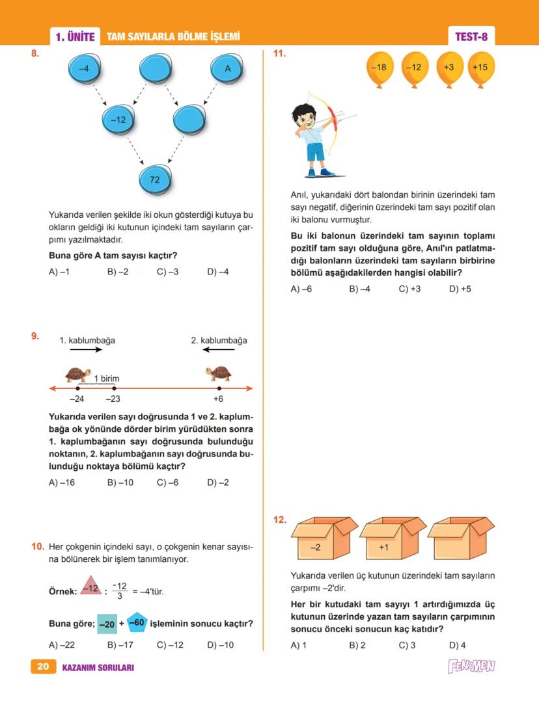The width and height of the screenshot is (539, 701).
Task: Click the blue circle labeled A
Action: pos(227,68)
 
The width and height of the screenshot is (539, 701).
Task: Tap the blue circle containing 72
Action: pos(156,179)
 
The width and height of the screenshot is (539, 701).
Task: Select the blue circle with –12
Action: pos(119,120)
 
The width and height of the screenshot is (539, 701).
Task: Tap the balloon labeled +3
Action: pos(449,68)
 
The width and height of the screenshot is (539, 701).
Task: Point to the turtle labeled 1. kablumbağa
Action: pos(79,374)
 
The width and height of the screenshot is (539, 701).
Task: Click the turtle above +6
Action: pos(219,374)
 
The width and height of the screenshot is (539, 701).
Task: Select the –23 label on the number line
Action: pos(113,399)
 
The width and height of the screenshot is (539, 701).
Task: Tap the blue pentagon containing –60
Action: pos(137,622)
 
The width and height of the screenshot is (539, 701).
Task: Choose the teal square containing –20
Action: pos(107,624)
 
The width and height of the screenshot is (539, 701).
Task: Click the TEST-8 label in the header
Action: pos(471,37)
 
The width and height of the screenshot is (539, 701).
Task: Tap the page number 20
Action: pos(43,667)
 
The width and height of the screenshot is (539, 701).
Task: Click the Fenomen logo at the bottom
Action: pos(471,666)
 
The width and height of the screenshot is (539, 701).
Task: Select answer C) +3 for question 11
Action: pos(409,289)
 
